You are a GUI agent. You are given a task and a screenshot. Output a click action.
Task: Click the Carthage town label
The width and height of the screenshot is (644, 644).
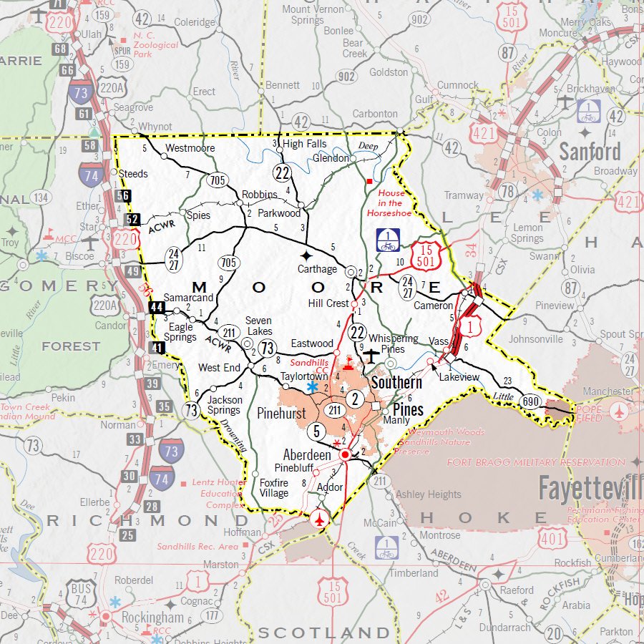point(317,269)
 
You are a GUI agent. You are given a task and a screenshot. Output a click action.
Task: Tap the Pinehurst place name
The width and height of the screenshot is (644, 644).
point(280,414)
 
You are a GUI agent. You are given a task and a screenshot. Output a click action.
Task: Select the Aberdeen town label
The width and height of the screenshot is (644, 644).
point(307,455)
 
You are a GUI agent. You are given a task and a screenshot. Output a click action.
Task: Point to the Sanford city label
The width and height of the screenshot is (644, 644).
point(590,152)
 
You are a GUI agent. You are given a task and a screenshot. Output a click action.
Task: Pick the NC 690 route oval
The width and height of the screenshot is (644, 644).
point(530,401)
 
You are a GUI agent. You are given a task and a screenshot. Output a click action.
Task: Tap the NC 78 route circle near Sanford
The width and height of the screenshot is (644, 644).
point(507,190)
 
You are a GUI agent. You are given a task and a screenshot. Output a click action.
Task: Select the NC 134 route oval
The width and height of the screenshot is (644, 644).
point(40,197)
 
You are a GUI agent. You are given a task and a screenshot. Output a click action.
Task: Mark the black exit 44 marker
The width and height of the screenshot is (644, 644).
point(157,308)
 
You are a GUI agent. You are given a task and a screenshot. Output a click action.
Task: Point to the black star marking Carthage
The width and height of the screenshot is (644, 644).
point(306,255)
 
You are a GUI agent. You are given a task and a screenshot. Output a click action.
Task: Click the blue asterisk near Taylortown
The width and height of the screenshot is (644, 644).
point(313,387)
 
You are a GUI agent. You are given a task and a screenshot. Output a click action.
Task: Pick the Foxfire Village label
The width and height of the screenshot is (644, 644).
point(273,488)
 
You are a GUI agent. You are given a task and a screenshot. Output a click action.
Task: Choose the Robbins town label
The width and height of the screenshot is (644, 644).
point(259,195)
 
